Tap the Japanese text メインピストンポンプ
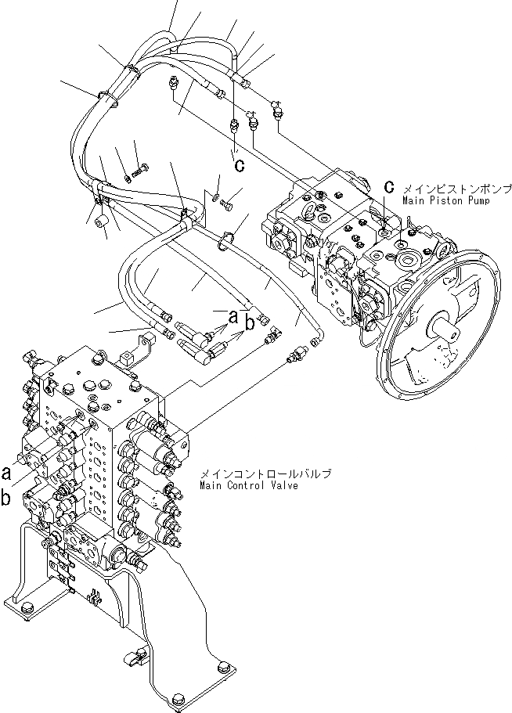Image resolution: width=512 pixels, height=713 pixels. [457, 189]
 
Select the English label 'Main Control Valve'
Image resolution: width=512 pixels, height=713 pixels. [248, 485]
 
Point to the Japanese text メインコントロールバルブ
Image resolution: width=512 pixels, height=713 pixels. [265, 474]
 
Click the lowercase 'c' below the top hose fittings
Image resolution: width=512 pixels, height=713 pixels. [240, 165]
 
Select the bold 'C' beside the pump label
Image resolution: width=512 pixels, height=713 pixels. [388, 186]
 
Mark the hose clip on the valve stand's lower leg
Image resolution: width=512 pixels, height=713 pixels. [138, 656]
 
